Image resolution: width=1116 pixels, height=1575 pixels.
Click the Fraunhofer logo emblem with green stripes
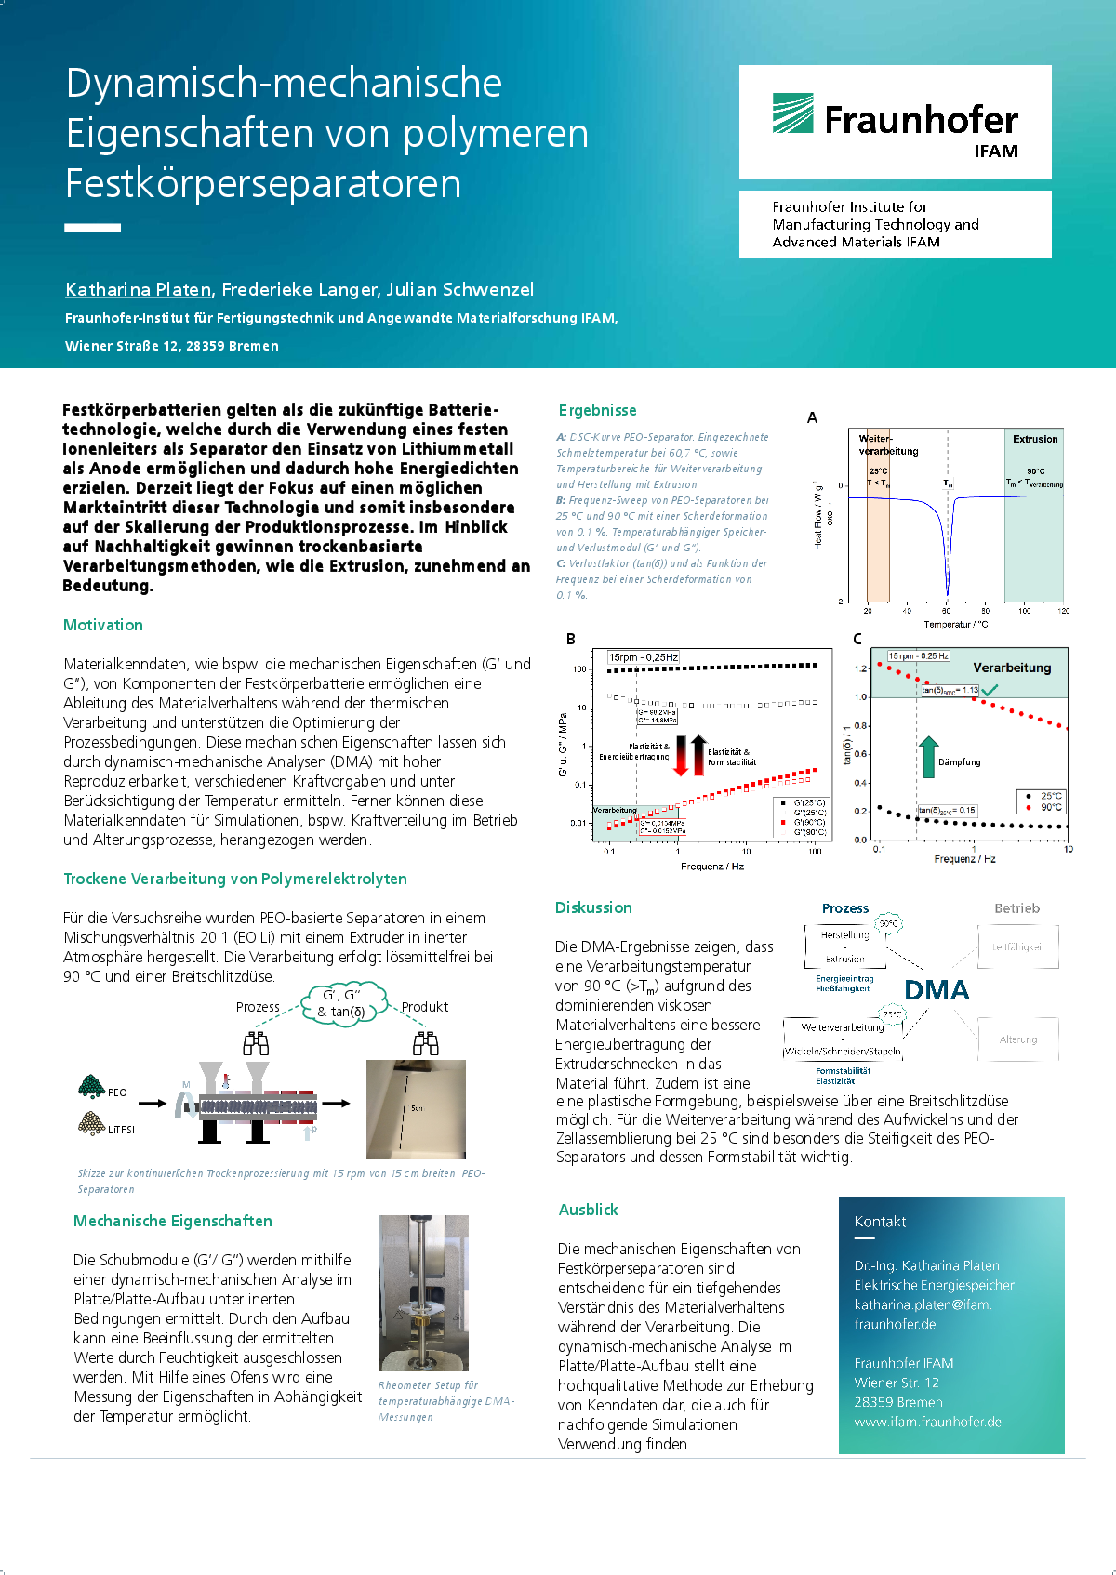coord(792,113)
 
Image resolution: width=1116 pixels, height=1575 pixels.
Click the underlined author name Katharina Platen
coord(139,289)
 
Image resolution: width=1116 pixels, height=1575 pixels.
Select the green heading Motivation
coord(103,625)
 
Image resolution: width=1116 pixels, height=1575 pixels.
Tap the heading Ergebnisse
coord(598,410)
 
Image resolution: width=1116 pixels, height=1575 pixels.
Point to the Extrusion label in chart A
coord(1035,439)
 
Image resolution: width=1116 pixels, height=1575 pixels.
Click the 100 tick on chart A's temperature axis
coord(1024,611)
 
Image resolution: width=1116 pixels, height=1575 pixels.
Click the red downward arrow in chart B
coord(681,755)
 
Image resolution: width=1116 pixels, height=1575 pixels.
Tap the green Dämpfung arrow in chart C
coord(928,757)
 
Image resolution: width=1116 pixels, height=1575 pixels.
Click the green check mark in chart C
coord(990,690)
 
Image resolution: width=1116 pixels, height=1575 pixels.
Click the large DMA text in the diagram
coord(937,990)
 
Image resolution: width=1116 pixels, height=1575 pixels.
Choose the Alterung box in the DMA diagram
coord(1018,1039)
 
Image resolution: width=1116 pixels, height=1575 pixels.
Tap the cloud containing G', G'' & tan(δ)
coord(342,1004)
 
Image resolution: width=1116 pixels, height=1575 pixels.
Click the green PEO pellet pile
coord(90,1086)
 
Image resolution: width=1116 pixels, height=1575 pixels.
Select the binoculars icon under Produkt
coord(426,1043)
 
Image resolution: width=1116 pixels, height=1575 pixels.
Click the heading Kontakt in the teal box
coord(880,1222)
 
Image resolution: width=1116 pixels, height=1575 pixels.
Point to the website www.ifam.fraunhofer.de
coord(927,1422)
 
